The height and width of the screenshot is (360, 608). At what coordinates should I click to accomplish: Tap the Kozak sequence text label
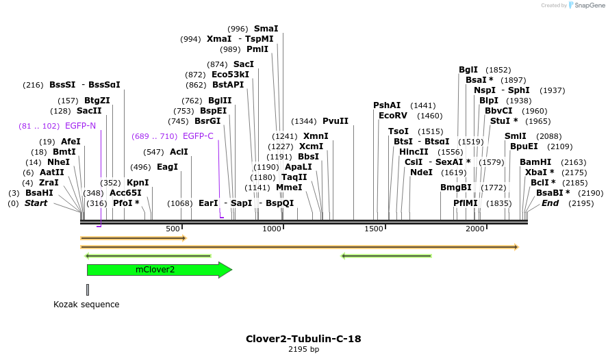click(x=86, y=305)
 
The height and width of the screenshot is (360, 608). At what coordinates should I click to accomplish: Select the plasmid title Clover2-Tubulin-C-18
click(x=303, y=339)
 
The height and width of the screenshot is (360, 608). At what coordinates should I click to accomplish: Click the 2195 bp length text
click(x=303, y=350)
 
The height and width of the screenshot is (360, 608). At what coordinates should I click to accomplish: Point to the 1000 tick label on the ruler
click(x=273, y=228)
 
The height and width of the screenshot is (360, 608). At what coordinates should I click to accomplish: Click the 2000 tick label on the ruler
click(x=475, y=228)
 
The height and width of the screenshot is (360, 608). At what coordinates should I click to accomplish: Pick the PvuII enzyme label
click(x=335, y=121)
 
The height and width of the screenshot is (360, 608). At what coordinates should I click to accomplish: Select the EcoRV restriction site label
click(x=392, y=116)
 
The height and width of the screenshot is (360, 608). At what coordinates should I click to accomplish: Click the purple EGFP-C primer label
click(x=198, y=136)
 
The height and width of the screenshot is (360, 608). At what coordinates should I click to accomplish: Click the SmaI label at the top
click(x=266, y=29)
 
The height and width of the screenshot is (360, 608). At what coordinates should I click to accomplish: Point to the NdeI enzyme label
click(x=422, y=172)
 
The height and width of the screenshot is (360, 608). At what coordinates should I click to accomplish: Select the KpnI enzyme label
click(x=138, y=183)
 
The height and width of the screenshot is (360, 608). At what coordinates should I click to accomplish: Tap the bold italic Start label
click(x=36, y=203)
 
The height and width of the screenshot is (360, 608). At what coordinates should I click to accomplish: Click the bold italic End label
click(x=550, y=203)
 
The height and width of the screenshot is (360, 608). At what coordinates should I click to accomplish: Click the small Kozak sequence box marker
click(x=88, y=289)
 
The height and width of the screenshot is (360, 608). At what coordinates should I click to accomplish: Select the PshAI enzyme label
click(x=387, y=105)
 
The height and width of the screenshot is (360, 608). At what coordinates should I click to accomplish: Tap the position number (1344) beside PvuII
click(x=305, y=121)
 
